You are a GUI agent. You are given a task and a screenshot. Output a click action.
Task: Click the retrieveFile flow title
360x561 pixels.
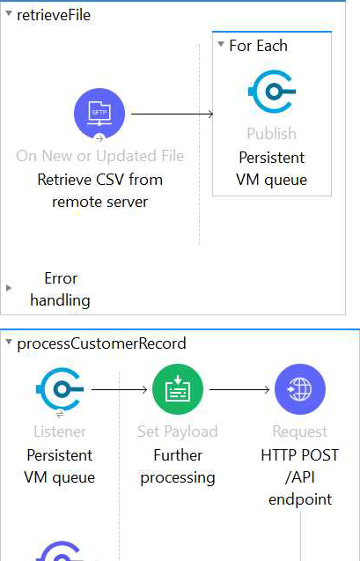tap(54, 15)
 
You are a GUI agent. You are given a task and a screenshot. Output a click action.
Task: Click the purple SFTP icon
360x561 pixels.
tap(99, 114)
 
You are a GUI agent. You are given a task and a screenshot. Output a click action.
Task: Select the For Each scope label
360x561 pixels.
tap(258, 46)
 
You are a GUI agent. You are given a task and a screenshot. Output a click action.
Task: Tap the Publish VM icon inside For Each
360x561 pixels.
tap(272, 92)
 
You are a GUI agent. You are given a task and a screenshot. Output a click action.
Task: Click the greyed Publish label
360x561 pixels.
tap(272, 134)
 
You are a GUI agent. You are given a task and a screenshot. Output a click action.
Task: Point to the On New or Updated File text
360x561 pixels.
tap(100, 156)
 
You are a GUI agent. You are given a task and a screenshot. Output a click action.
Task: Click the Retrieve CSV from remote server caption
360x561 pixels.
tap(100, 191)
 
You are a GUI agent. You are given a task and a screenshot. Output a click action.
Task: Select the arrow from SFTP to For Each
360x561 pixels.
tap(173, 114)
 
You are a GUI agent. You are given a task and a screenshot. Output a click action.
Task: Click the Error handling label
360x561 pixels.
tap(60, 289)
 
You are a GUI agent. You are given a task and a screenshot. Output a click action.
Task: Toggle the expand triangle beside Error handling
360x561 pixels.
tap(9, 288)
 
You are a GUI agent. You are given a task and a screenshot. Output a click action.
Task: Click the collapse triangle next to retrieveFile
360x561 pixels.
tap(9, 14)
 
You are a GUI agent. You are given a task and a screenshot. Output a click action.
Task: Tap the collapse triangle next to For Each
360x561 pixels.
tap(221, 44)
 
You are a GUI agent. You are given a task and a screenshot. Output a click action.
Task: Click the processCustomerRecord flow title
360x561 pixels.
tap(101, 343)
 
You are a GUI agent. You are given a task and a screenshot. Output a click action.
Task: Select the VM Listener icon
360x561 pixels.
tap(60, 389)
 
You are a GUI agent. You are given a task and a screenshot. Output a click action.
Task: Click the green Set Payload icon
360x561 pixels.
tap(178, 389)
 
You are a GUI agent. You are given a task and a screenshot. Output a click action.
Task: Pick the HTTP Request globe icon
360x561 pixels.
tap(300, 389)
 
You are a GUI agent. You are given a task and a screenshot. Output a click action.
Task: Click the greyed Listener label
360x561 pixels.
tap(60, 432)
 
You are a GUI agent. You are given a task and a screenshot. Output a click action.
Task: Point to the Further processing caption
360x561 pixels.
tap(178, 466)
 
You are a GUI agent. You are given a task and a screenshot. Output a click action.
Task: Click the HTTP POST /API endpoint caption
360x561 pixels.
tap(300, 477)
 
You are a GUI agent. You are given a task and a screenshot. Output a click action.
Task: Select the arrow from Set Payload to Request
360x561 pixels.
tap(239, 389)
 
